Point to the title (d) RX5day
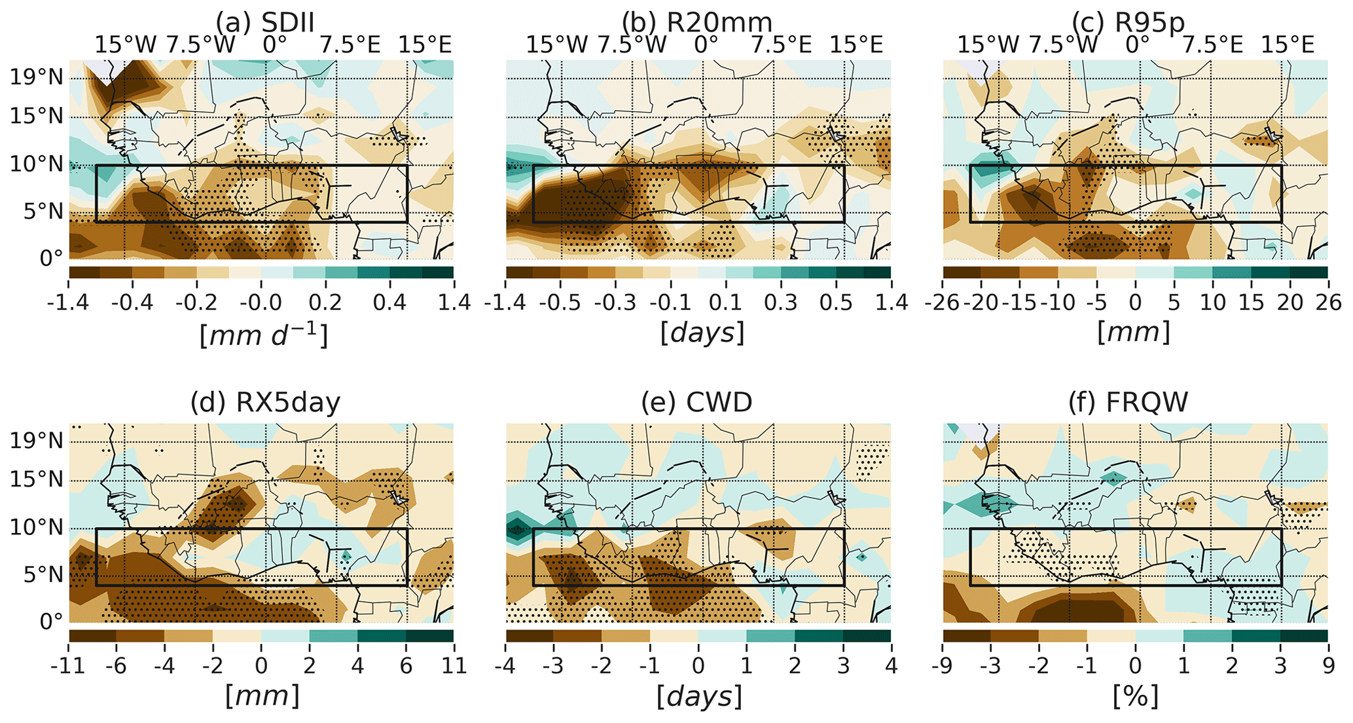pyautogui.click(x=265, y=402)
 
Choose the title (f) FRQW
pyautogui.click(x=1128, y=402)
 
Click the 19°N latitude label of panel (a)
pyautogui.click(x=37, y=77)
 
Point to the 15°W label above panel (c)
pyautogui.click(x=988, y=45)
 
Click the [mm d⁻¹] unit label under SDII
pyautogui.click(x=263, y=334)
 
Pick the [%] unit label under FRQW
pyautogui.click(x=1136, y=697)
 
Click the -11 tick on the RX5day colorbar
pyautogui.click(x=69, y=666)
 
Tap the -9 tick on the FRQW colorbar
pyautogui.click(x=943, y=666)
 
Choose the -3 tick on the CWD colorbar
pyautogui.click(x=553, y=666)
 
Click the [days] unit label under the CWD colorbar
pyautogui.click(x=698, y=697)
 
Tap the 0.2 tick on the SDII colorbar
pyautogui.click(x=325, y=303)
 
